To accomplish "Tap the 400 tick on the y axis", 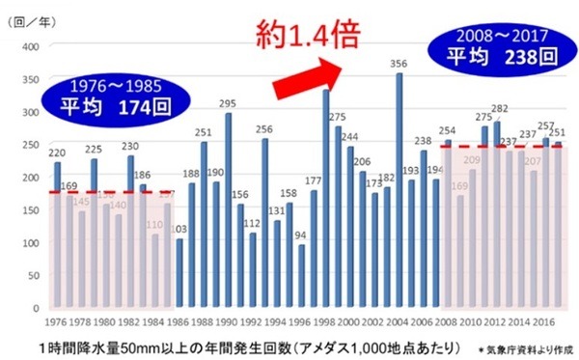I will pos(30,46).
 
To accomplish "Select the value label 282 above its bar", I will pos(498,109).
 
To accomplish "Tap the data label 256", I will pos(264,128).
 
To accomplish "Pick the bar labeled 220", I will pos(57,233).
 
